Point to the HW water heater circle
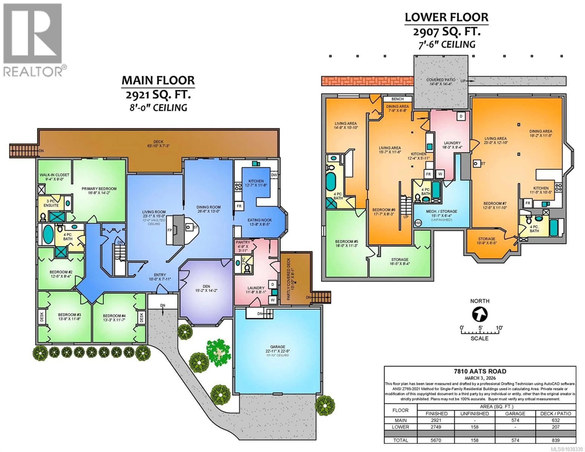coord(418,223)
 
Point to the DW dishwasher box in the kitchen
coord(274,175)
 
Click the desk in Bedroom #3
coord(42,317)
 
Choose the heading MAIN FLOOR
coord(158,80)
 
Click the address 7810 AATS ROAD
coord(480,372)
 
